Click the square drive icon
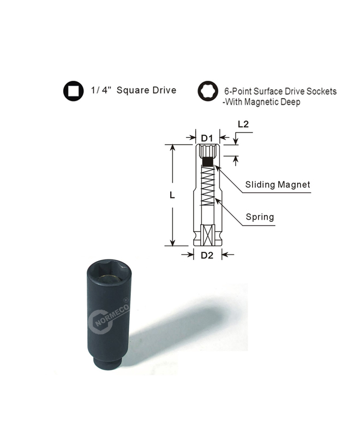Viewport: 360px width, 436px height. click(74, 91)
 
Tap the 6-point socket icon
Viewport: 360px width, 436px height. click(208, 91)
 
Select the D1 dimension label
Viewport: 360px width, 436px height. click(207, 138)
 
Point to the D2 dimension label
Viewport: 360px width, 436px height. click(207, 255)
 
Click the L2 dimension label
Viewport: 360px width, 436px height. click(243, 124)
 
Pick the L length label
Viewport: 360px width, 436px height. click(172, 195)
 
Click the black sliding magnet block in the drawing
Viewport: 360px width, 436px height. click(207, 161)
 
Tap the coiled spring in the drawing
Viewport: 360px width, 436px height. click(207, 186)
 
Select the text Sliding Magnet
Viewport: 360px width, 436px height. click(278, 185)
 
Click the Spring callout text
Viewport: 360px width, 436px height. click(260, 217)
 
